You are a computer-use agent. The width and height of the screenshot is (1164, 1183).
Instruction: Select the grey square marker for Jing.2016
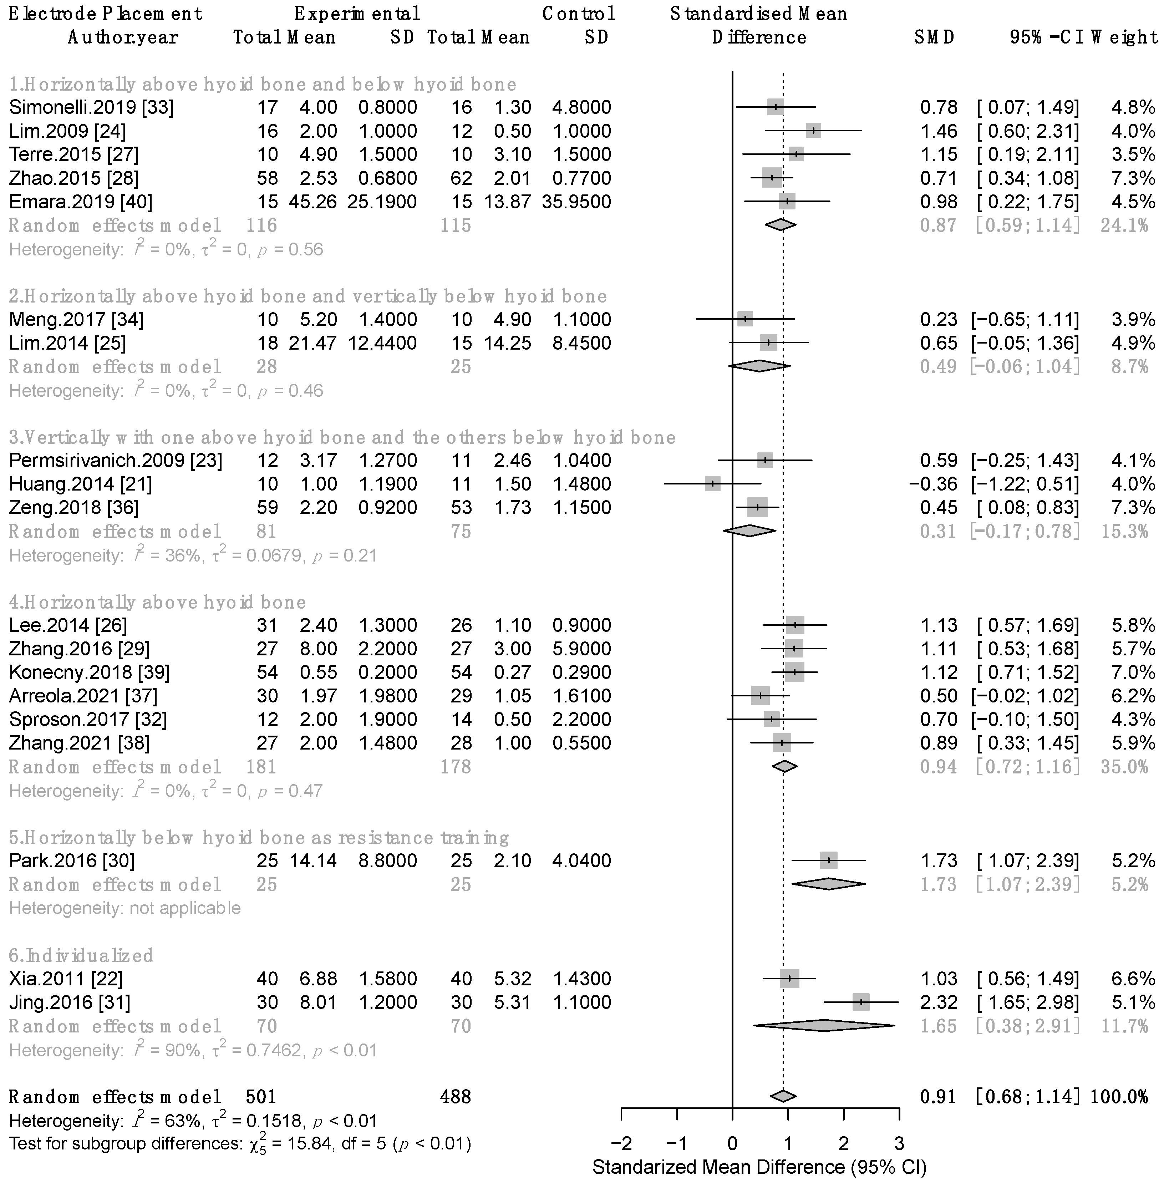(x=861, y=1002)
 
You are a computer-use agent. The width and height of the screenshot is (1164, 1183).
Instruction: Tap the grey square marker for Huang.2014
(x=712, y=484)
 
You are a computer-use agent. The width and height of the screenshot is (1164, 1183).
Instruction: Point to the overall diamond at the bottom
(x=783, y=1096)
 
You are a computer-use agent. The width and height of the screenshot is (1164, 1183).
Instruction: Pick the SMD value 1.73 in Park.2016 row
(x=939, y=861)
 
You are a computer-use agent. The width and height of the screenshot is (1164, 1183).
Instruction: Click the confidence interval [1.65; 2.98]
(x=1027, y=1002)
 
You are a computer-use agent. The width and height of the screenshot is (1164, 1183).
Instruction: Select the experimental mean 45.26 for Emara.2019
(x=312, y=202)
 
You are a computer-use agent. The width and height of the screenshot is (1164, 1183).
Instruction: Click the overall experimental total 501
(x=261, y=1096)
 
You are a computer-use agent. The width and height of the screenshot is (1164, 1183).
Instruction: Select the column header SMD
(x=934, y=37)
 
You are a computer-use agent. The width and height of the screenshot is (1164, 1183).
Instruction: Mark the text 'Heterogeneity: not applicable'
(x=125, y=908)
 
